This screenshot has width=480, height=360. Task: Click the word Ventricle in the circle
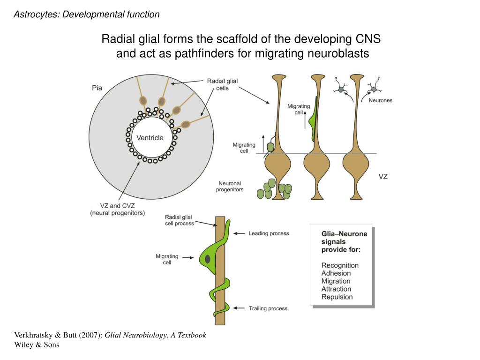(x=150, y=138)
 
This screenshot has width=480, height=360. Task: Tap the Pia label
(x=97, y=88)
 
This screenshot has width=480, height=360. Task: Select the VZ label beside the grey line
(x=383, y=177)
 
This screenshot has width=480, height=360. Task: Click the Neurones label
(x=380, y=100)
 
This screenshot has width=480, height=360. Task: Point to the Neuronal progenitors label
(x=230, y=186)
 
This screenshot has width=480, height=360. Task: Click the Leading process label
(x=269, y=233)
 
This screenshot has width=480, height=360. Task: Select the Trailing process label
(x=268, y=308)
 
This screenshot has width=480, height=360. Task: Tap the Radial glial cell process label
(x=180, y=220)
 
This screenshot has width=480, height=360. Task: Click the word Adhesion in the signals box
(x=336, y=273)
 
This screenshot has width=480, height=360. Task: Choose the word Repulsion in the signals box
(x=337, y=297)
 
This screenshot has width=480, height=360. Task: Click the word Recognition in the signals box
(x=340, y=265)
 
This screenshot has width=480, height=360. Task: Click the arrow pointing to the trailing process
(x=239, y=308)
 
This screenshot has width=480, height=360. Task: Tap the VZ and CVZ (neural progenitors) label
(x=118, y=209)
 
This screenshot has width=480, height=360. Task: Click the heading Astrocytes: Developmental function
(x=87, y=15)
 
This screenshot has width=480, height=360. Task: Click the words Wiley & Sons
(x=37, y=345)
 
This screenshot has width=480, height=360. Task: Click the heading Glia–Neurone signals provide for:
(x=344, y=241)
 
